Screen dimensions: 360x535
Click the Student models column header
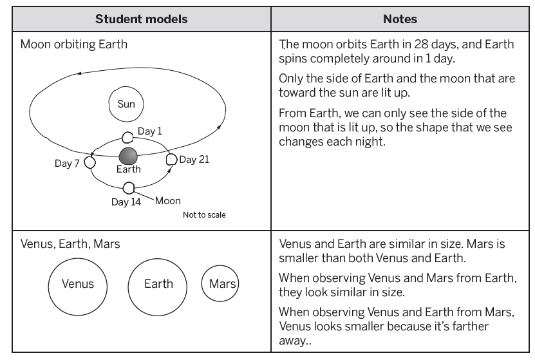142,19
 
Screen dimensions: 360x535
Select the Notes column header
400,19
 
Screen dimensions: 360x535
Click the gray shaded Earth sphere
129,156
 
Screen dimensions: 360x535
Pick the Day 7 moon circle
90,162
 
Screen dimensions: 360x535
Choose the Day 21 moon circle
171,159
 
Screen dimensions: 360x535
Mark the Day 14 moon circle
129,188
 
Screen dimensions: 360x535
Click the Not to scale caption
204,214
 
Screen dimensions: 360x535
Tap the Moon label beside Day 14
168,201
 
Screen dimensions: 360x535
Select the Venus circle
78,284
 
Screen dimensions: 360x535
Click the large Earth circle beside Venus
158,284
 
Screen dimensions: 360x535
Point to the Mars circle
220,284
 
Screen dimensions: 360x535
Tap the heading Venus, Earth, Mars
70,245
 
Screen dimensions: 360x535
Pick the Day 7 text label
67,163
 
